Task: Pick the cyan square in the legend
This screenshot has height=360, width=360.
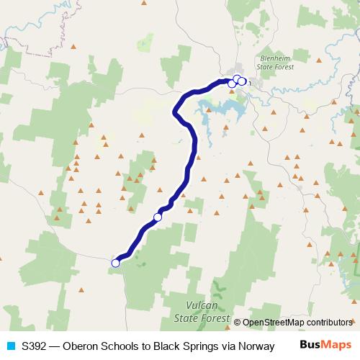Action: tap(9, 346)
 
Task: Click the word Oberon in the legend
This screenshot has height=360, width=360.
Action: tap(80, 346)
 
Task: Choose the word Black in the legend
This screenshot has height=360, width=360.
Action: tap(167, 346)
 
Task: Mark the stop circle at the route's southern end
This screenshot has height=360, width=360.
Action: tap(115, 263)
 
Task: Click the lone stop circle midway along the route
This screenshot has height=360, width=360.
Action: tap(158, 217)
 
